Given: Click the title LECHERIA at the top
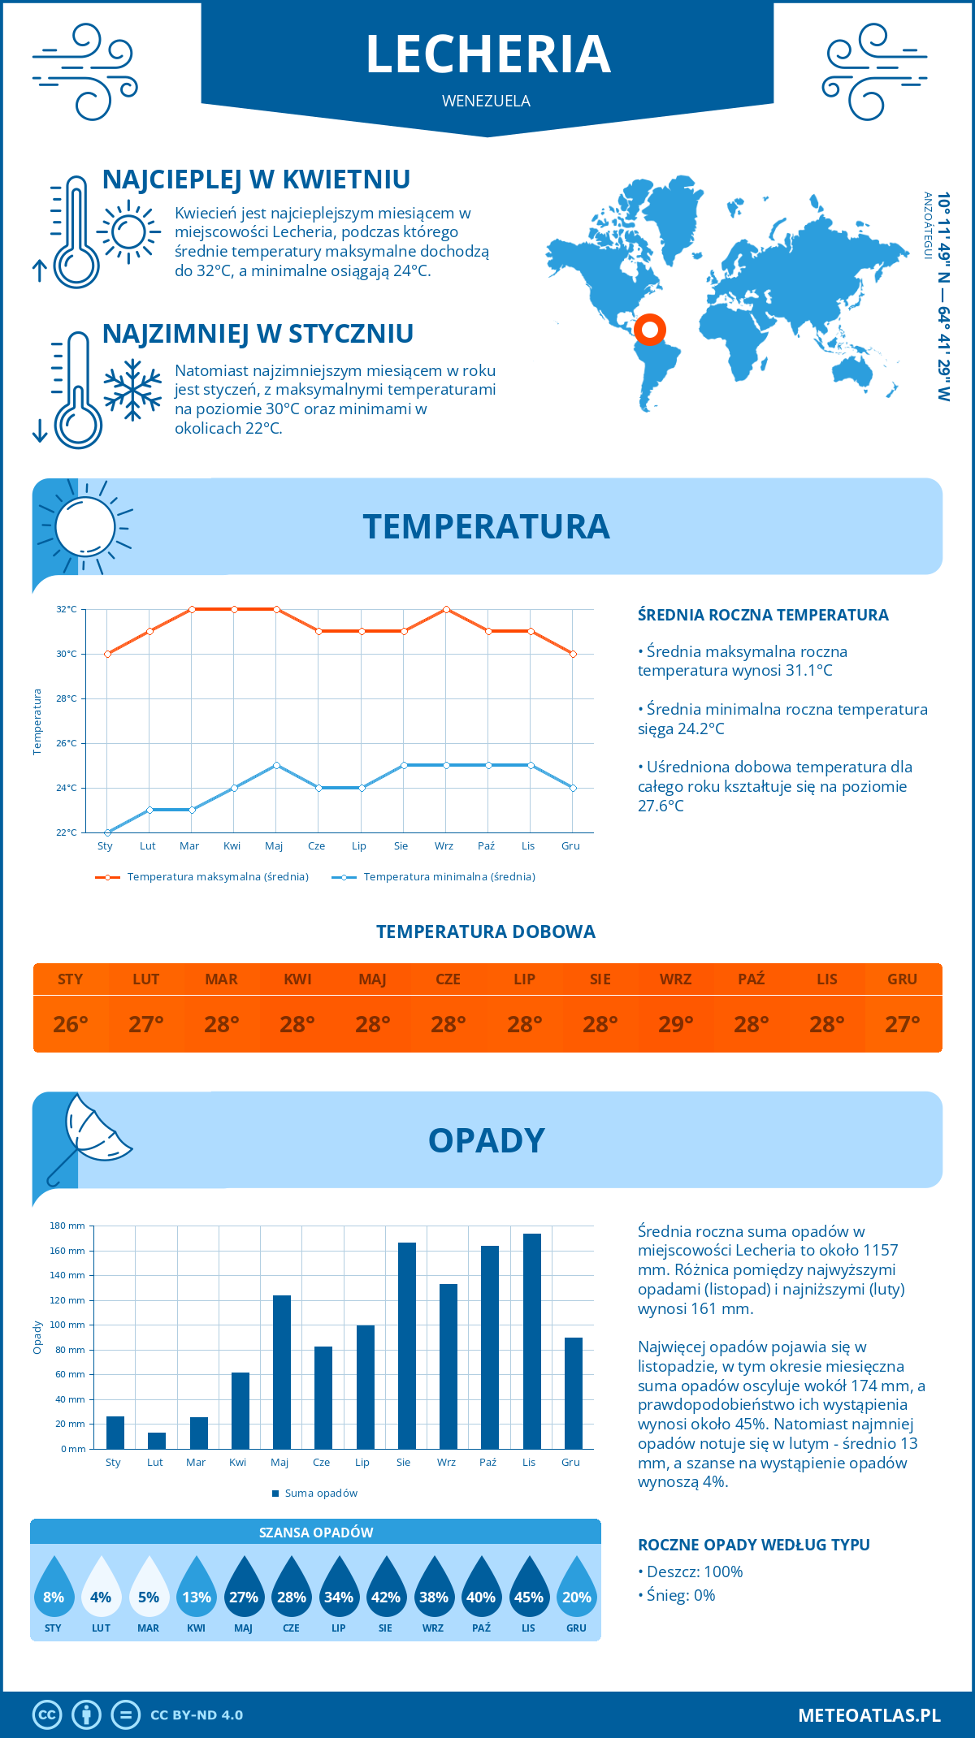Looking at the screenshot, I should pos(487,54).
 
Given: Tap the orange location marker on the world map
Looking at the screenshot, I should pos(650,330).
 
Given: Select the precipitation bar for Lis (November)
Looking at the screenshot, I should pos(532,1341).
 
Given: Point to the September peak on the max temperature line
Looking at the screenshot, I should pos(446,609).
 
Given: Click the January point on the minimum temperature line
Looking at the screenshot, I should pos(107,832).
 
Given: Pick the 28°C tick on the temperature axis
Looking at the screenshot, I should pos(67,698).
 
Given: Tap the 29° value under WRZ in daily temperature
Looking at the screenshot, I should pos(675,1024).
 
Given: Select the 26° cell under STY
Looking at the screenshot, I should pos(71,1024).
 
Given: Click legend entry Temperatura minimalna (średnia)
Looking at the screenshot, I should pos(448,877).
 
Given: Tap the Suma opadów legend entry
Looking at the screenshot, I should pos(321,1493).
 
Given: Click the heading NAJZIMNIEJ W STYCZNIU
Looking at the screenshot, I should pos(258,334).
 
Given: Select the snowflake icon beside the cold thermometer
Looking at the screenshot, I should pos(132,390).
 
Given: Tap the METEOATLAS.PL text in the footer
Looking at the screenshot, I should pos(869,1714).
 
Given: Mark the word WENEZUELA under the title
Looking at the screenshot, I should pos(486,101).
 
